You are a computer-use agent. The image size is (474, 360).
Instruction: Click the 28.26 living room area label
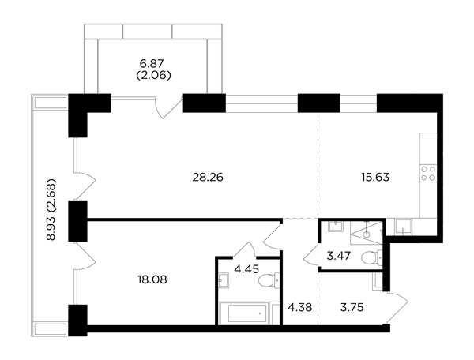point(208,178)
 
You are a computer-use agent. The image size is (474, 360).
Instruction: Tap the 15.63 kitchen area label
point(375,178)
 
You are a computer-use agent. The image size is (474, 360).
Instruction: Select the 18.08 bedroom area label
point(152,279)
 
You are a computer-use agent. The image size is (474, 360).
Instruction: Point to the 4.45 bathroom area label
point(246,268)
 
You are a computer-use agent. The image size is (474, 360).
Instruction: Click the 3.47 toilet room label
point(339,256)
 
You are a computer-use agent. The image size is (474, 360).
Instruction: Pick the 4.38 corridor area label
point(300,308)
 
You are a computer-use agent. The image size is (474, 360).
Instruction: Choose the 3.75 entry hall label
point(352,308)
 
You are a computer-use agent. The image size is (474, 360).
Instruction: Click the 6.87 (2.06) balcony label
point(153,69)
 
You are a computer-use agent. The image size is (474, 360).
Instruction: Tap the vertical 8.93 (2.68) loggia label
point(51,209)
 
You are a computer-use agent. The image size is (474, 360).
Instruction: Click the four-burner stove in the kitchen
point(428,174)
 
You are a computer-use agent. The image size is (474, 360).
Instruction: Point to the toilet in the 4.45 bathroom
point(269,280)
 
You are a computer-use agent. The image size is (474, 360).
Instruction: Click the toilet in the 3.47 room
point(372,257)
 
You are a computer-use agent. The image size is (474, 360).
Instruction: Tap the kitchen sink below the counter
point(403,227)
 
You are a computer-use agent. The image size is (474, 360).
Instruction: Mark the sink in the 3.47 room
point(336,226)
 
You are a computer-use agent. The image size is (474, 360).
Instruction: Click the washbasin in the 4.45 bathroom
point(223,280)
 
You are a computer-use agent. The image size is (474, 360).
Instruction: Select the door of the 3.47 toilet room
point(311,256)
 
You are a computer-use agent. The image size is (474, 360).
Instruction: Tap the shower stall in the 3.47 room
point(366,233)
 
